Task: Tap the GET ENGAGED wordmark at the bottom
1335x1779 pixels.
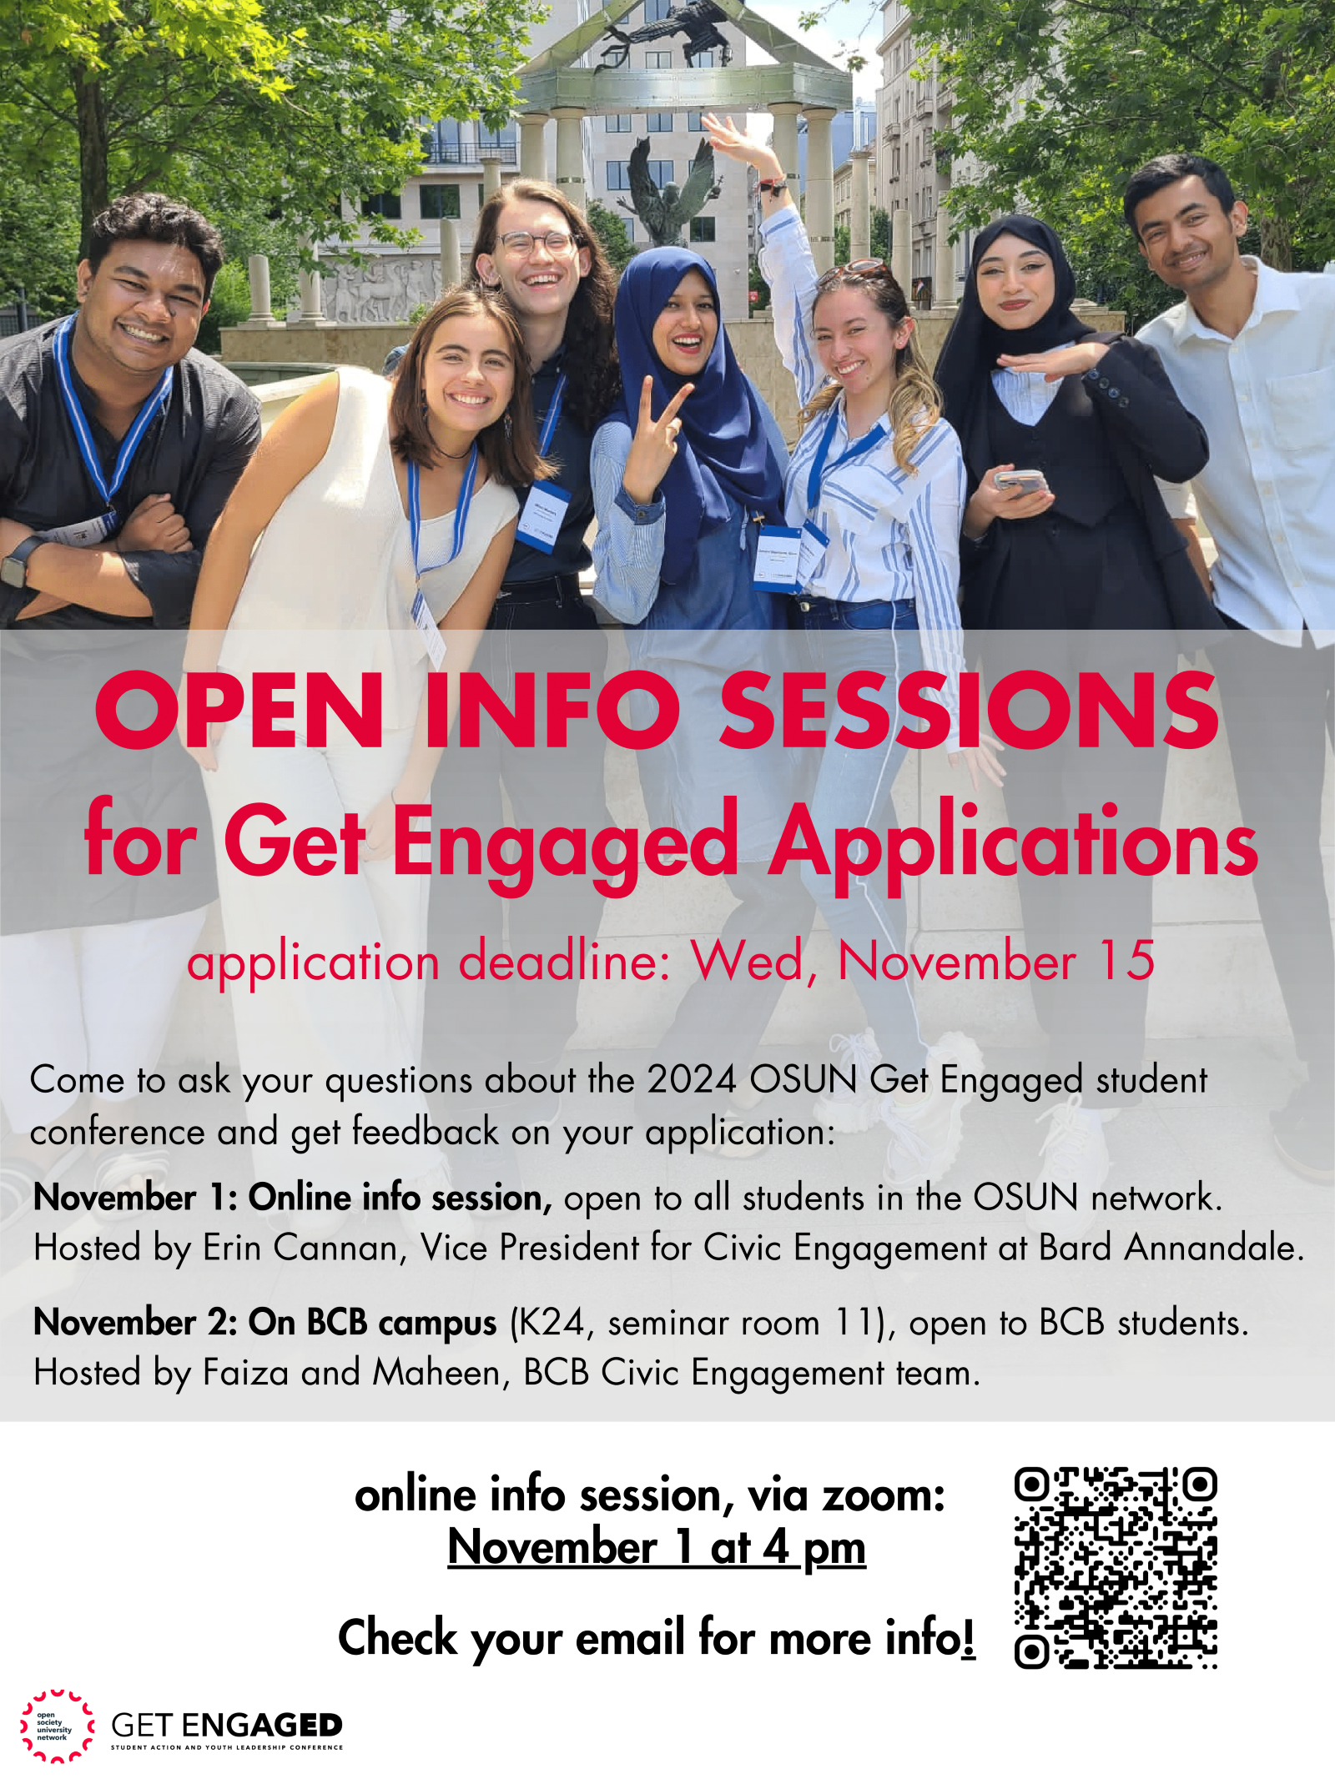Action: (227, 1725)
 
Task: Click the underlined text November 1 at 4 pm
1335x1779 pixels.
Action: (657, 1548)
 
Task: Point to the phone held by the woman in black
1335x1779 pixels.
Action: (1019, 480)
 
